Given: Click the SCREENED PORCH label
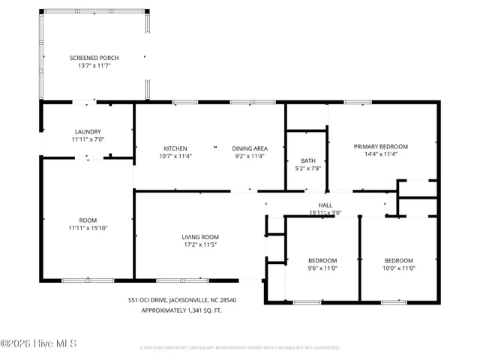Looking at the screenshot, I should click(94, 58).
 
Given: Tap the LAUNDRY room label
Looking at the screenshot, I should click(87, 132).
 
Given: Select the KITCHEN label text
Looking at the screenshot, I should click(175, 148).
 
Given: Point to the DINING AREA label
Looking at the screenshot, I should click(249, 148).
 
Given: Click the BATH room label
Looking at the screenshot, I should click(307, 160).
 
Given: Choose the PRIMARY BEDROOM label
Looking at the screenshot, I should click(381, 146).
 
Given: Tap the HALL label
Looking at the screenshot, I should click(325, 205).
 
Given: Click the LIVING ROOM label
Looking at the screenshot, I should click(201, 237).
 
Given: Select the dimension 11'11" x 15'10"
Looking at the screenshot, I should click(88, 228).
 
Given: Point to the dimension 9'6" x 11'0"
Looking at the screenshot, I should click(323, 268).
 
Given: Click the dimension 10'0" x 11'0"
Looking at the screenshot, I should click(399, 268).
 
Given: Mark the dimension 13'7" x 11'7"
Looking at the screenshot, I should click(94, 65).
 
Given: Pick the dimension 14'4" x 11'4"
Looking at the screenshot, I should click(381, 154).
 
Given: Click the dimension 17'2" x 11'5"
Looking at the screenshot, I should click(201, 244).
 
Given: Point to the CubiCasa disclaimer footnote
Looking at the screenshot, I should click(239, 348).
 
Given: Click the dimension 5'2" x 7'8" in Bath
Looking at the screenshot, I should click(307, 169).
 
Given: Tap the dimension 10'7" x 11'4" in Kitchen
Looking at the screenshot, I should click(175, 157).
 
